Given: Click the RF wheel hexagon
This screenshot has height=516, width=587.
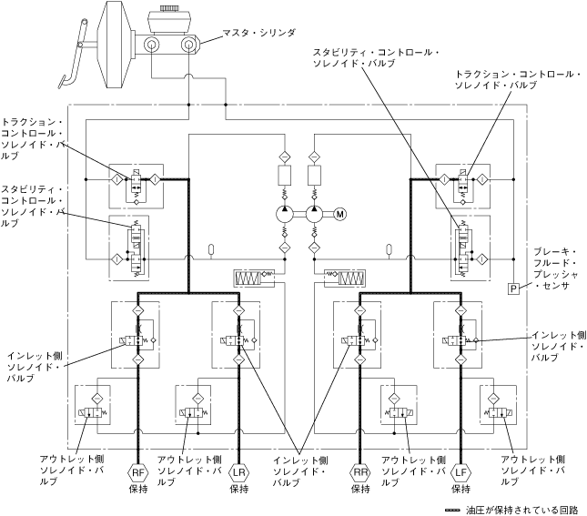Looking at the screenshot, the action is coord(138,472).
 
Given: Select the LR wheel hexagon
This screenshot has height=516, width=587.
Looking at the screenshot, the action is coord(238,472).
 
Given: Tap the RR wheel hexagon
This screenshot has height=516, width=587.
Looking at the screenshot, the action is coord(360,472).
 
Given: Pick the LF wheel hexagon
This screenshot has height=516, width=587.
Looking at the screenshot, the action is coord(460,472).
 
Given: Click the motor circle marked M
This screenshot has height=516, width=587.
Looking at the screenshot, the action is coord(340,214).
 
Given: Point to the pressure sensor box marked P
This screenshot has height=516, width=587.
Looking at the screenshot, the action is coord(513,288).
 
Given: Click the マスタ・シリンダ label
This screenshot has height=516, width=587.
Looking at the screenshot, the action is coord(258,33).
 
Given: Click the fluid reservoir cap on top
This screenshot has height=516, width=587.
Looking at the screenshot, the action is coord(167,8).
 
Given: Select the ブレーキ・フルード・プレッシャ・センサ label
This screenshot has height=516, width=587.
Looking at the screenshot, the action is coord(556,268).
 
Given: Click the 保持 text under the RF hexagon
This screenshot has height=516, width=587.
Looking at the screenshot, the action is coord(138,489).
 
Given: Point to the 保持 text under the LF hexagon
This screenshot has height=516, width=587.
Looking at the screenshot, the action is coord(460,489).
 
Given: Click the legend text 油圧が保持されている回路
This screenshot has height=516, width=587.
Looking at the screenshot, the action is coord(521,510).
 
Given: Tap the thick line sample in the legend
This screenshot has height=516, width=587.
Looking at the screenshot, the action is coord(453,511).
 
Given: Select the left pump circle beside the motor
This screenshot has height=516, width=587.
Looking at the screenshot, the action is coord(285,214).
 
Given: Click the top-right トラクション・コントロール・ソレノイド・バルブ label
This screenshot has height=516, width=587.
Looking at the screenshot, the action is coord(518,79).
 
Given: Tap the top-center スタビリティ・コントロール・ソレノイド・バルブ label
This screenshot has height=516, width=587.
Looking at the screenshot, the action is coord(376,57).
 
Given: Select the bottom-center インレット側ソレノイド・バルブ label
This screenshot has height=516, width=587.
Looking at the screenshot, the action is coord(300,471).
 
